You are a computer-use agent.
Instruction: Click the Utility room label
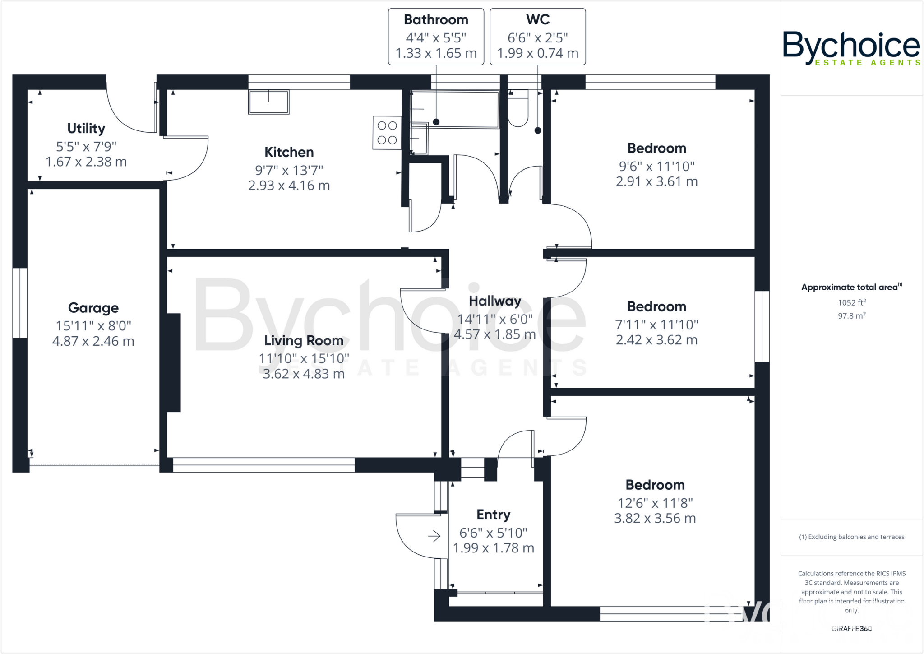(86, 129)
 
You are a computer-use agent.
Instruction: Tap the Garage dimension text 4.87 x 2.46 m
(93, 341)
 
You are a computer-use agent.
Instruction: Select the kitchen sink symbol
(268, 102)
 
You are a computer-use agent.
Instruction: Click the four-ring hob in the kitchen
(387, 133)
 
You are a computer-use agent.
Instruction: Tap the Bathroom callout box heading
(436, 20)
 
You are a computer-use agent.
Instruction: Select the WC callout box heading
(537, 20)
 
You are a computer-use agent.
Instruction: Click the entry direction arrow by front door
(434, 536)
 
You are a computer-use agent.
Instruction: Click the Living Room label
(304, 341)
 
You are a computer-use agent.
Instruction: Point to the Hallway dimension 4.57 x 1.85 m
(494, 334)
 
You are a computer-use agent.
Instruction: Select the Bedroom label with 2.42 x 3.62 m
(656, 307)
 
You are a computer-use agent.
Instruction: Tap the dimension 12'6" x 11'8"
(655, 503)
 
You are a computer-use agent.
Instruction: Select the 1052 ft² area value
(851, 303)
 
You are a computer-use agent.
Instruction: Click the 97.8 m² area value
(851, 316)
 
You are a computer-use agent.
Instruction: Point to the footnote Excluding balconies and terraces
(851, 537)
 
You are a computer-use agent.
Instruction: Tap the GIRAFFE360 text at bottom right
(851, 629)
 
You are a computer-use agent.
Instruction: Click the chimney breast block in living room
(174, 362)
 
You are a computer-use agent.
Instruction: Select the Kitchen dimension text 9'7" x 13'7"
(289, 170)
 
